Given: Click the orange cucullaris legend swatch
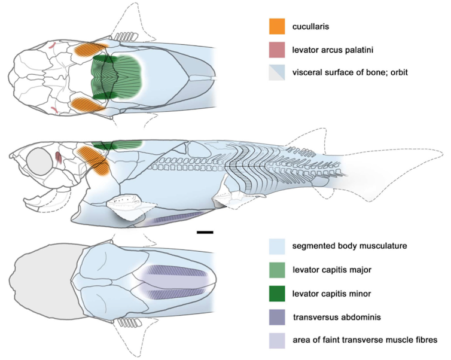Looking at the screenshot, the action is (x=277, y=26).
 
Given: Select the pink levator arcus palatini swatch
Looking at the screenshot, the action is (x=277, y=50).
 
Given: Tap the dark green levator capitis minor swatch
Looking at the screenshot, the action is (x=277, y=294).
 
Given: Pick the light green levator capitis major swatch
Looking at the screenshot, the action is (x=277, y=270).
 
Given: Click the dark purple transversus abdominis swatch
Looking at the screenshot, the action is (x=277, y=317).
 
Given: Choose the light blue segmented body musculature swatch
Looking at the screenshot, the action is (x=277, y=246).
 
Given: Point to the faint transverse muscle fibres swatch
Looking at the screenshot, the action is (x=277, y=341).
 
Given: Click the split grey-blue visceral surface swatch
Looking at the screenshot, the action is (x=277, y=72).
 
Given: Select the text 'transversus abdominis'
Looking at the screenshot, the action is (x=337, y=318).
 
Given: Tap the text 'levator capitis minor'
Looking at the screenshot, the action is (x=331, y=294).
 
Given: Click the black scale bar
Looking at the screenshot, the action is (x=205, y=232).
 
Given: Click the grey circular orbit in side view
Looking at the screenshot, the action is (x=39, y=161).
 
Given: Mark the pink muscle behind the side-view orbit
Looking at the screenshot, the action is (x=59, y=158).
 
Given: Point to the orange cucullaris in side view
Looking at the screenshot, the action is (x=95, y=160).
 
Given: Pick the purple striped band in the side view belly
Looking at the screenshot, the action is (x=178, y=217).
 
